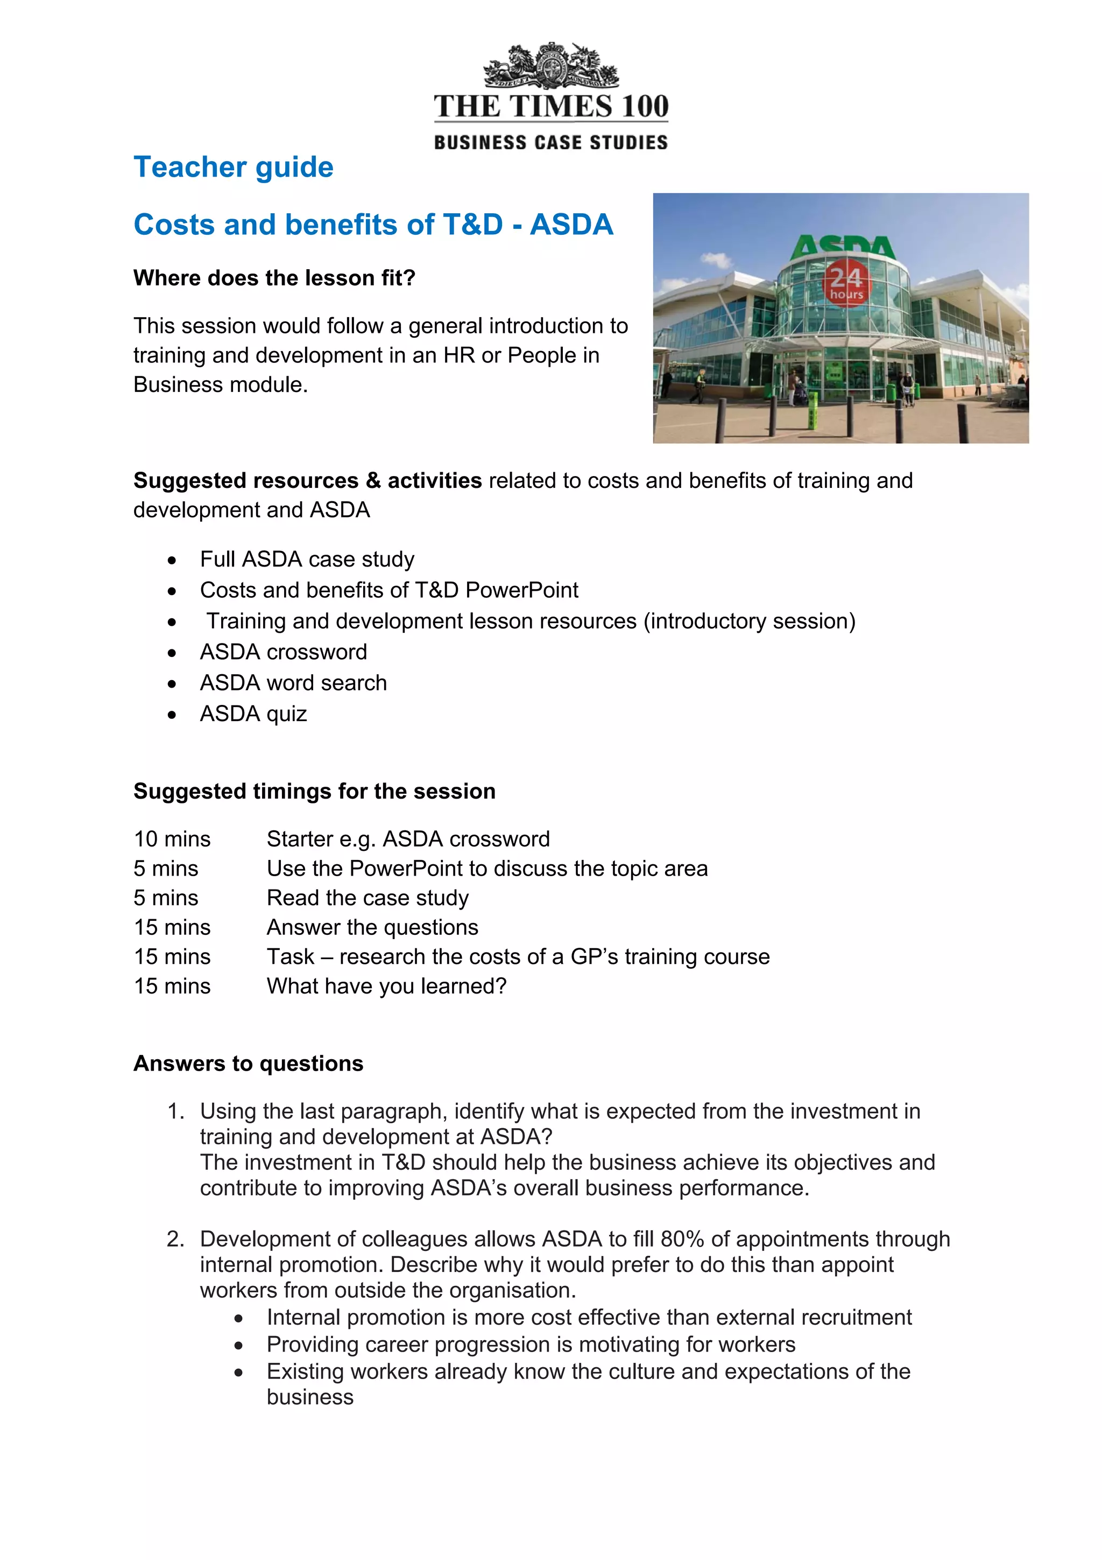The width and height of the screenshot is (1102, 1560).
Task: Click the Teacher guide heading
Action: tap(233, 167)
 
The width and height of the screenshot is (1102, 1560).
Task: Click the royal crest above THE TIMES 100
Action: tap(550, 66)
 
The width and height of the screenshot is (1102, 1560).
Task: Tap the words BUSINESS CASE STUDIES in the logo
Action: tap(550, 143)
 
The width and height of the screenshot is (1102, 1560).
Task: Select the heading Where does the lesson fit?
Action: tap(274, 278)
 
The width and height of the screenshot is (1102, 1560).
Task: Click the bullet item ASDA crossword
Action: tap(283, 652)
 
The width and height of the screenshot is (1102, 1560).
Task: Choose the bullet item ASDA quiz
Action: tap(253, 713)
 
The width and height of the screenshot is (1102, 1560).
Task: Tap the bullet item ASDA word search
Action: tap(293, 683)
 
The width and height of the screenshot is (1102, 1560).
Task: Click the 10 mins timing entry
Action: tap(172, 839)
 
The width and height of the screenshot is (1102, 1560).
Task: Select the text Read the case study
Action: tap(368, 898)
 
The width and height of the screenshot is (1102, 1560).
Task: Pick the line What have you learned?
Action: tap(386, 986)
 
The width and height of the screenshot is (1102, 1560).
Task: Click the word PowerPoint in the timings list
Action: tap(407, 869)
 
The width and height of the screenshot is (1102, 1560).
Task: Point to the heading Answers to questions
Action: tap(248, 1064)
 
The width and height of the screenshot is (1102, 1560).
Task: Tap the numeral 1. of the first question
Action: tap(176, 1111)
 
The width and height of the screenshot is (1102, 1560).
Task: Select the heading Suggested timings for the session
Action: tap(314, 791)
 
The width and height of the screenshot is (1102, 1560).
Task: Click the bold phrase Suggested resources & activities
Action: tap(307, 480)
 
